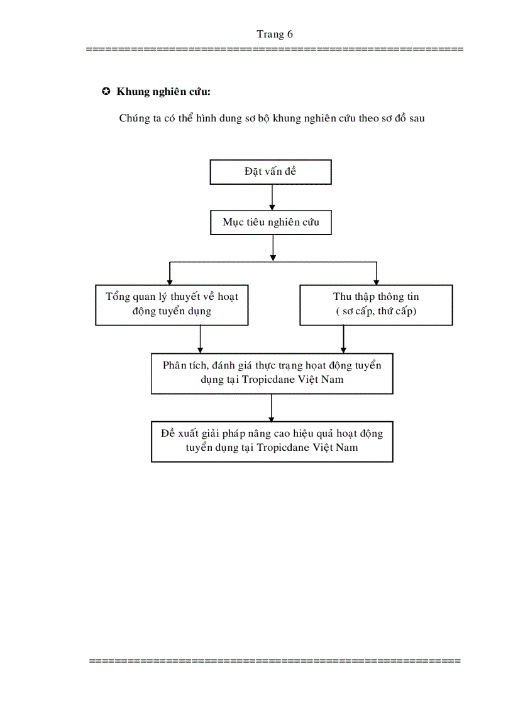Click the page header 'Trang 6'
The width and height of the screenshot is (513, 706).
(275, 35)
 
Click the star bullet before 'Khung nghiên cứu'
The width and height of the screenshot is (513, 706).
(106, 91)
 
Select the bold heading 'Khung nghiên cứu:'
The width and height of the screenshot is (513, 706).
(163, 92)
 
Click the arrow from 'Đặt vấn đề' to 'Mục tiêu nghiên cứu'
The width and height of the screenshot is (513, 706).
(272, 197)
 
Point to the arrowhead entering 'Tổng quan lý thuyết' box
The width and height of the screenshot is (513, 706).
(170, 282)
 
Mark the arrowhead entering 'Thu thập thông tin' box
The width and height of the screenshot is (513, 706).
(377, 282)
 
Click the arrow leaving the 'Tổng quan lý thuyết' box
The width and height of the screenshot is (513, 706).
(201, 339)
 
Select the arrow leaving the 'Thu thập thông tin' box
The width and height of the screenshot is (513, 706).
(344, 339)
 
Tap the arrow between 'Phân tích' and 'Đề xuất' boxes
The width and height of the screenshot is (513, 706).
(271, 408)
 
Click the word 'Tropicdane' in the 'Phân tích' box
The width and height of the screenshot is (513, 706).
(268, 380)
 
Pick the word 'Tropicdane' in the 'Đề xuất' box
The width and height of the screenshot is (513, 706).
(284, 448)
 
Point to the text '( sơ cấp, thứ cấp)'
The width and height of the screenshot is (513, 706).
(376, 311)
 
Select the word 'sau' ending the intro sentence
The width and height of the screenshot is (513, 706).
(417, 118)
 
